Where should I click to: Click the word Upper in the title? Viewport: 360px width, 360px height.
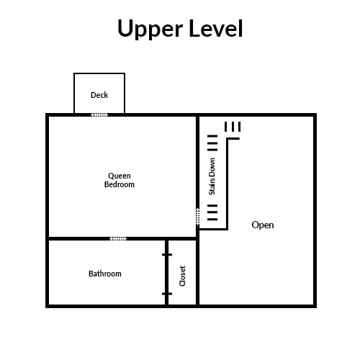pos(150,29)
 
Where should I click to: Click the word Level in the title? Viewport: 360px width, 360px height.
pos(216,28)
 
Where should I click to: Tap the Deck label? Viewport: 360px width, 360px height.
pos(99,95)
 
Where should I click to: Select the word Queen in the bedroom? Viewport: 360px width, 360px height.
pos(120,176)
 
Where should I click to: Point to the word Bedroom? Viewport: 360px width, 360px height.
pos(120,184)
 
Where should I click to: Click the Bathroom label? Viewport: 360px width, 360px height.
pos(105,274)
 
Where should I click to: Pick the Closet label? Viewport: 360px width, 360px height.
pos(182,276)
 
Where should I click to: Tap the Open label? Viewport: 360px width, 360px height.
pos(263,225)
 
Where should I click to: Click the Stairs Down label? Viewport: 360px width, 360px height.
pos(212,176)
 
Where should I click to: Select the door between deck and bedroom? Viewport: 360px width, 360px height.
pos(99,115)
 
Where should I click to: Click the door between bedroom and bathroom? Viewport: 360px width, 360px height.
pos(118,238)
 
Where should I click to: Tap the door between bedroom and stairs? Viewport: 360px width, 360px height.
pos(197,217)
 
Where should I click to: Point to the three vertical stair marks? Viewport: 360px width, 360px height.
pos(233,127)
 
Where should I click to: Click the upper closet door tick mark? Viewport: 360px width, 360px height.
pos(167,255)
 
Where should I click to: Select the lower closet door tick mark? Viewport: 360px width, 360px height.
pos(167,294)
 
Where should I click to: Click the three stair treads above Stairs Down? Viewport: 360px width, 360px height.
pos(212,143)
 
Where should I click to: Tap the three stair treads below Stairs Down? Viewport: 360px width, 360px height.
pos(212,212)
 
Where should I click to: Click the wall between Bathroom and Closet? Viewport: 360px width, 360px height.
pos(166,273)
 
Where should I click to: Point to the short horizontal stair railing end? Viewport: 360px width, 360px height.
pos(233,138)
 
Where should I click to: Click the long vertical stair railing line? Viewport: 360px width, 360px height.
pos(227,184)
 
